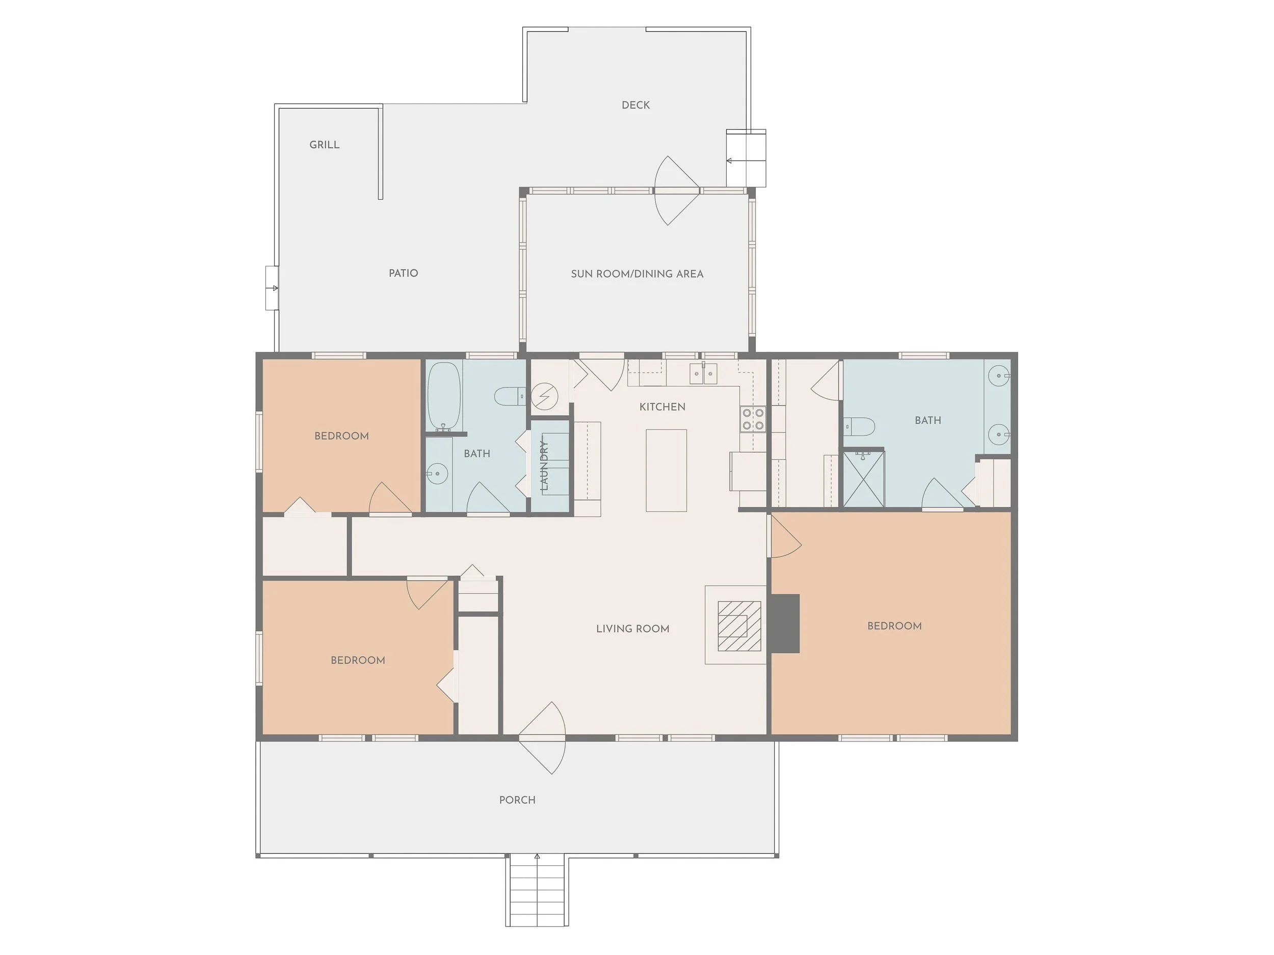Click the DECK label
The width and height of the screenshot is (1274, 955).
point(635,105)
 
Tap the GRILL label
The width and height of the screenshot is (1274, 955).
point(324,145)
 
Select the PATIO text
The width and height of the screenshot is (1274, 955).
point(403,273)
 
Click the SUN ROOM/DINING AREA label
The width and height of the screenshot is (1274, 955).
point(637,274)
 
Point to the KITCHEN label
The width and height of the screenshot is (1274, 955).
point(662,407)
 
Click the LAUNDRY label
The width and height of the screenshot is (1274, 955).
point(544,465)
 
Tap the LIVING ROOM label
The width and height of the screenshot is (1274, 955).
point(632,629)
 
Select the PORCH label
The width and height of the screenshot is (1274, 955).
point(517,800)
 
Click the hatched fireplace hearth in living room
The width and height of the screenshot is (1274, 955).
point(739,626)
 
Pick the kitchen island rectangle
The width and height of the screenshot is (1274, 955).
point(666,470)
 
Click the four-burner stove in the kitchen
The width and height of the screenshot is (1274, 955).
point(753,419)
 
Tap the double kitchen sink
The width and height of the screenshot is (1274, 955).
point(703,374)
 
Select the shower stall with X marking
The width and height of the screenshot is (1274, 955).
point(863,479)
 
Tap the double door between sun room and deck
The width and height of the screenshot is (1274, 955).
point(676,190)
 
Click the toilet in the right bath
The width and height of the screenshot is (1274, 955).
point(861,426)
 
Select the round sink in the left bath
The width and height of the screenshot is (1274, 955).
point(437,474)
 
